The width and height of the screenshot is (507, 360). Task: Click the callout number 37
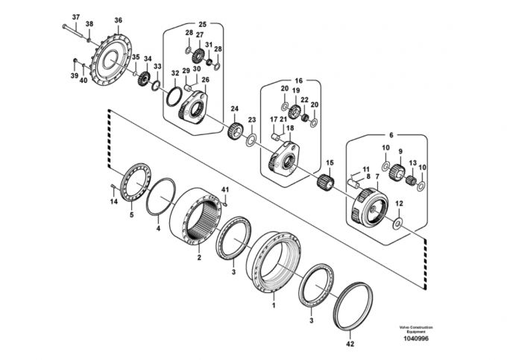tap(75, 17)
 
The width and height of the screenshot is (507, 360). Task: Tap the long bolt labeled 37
tap(73, 31)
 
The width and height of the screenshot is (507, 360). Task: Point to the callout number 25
tap(202, 25)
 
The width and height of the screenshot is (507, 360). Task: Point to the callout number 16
tap(298, 80)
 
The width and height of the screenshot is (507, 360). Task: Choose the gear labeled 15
tap(325, 182)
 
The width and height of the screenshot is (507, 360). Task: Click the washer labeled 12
tap(397, 224)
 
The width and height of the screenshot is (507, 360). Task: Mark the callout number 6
tap(391, 135)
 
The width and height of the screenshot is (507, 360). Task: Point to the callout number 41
tap(224, 189)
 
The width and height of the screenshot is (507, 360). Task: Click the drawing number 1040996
tap(415, 338)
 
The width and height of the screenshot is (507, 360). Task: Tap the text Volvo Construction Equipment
tap(416, 329)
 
